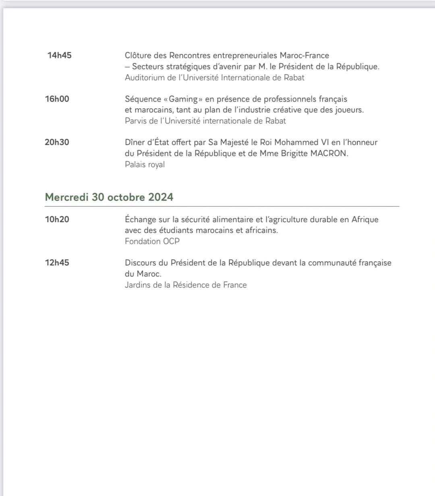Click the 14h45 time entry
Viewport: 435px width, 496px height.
coord(59,56)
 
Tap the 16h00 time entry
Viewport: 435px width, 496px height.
coord(57,99)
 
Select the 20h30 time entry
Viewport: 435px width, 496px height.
coord(57,142)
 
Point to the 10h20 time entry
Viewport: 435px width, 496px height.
coord(57,219)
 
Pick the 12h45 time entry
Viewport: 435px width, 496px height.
coord(57,263)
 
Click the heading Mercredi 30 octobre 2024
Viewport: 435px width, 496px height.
coord(109,197)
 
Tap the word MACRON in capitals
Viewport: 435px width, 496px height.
coord(329,153)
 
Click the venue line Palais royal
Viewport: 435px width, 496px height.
coord(145,164)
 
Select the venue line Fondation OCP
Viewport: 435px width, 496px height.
coord(152,242)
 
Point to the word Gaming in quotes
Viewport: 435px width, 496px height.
coord(183,99)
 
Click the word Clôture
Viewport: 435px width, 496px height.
coord(139,56)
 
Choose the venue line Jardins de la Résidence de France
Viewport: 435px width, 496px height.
coord(186,285)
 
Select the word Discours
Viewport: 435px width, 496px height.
coord(141,263)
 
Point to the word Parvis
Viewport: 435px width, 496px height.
coord(135,121)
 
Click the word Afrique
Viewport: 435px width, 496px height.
coord(365,220)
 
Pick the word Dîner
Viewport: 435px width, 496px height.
coord(135,143)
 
